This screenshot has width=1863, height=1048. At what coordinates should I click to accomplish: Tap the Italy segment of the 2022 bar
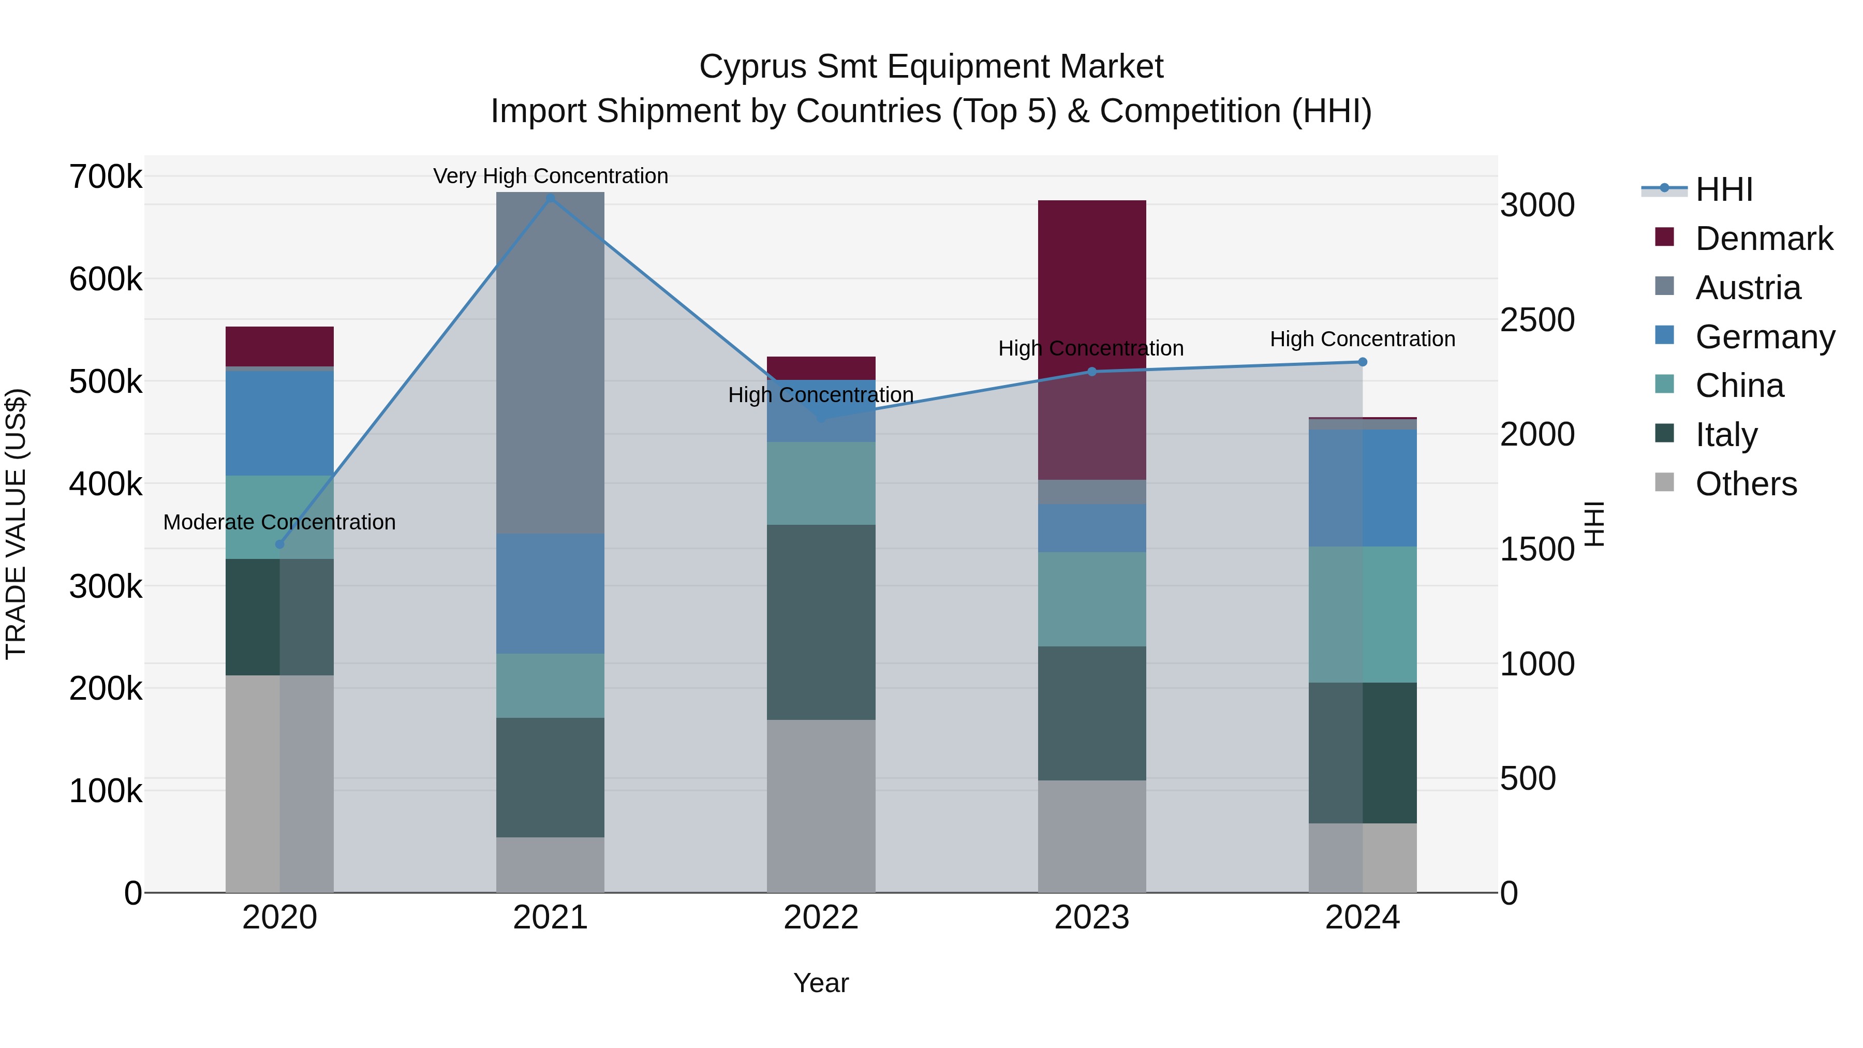821,622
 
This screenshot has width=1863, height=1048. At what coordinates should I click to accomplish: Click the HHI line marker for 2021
551,198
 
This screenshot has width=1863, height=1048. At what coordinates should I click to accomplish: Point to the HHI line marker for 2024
1363,362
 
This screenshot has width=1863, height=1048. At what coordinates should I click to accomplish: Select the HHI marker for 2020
280,544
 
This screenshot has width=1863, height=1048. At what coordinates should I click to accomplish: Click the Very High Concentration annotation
551,176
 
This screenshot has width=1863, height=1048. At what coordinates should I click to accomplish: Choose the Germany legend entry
1765,337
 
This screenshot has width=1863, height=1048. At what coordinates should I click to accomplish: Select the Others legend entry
1746,484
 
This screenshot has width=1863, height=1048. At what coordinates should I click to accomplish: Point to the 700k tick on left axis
105,177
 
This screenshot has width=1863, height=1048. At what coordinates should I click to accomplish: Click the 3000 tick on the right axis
1537,205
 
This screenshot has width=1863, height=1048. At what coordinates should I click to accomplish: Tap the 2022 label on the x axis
821,917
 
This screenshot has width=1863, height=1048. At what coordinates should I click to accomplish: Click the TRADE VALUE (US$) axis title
16,524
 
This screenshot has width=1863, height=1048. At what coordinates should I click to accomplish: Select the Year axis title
821,983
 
